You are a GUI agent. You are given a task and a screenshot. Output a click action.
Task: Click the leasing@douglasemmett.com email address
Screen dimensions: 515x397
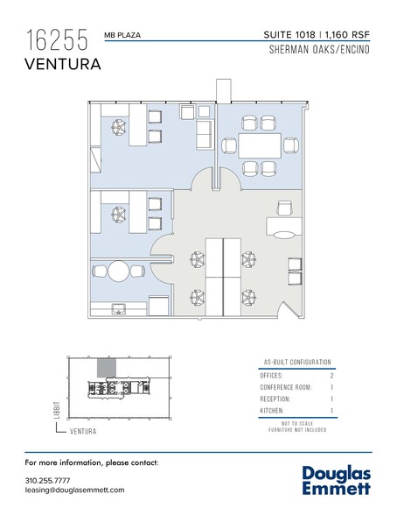pyautogui.click(x=75, y=492)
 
